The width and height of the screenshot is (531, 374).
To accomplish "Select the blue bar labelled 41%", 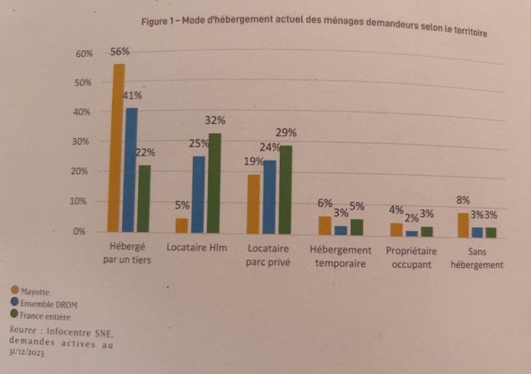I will pyautogui.click(x=131, y=169).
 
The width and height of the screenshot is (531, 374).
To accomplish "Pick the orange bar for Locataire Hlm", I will pyautogui.click(x=182, y=224).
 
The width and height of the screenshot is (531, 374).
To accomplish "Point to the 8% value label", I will pyautogui.click(x=463, y=201).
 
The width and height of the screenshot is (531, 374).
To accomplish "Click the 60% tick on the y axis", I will pyautogui.click(x=84, y=54).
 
